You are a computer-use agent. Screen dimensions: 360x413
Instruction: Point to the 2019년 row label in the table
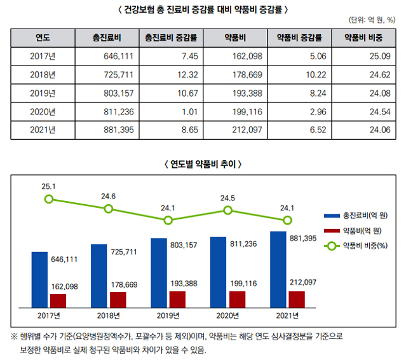(x=43, y=93)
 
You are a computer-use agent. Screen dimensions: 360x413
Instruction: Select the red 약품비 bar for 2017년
(x=58, y=300)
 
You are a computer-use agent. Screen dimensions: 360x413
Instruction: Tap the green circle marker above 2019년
(x=168, y=220)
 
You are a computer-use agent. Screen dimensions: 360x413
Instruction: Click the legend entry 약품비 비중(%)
(x=364, y=245)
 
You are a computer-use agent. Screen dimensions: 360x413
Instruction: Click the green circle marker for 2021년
(x=288, y=220)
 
